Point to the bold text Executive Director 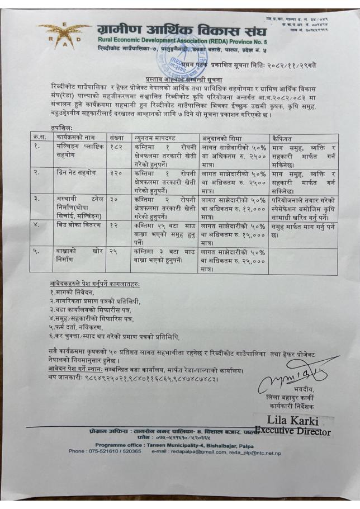pyautogui.click(x=292, y=431)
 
